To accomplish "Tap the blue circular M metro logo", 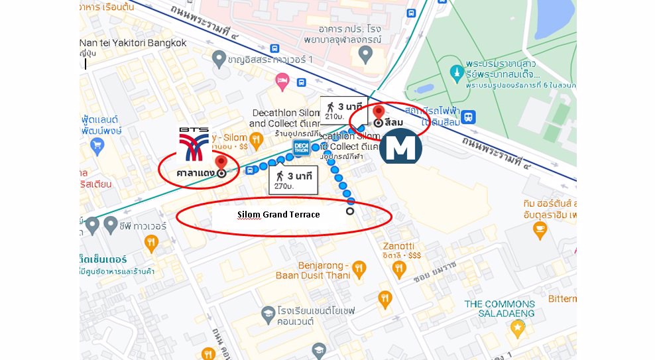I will coord(400,147).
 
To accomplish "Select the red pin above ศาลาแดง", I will coord(221,162).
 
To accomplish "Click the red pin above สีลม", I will coord(379,112).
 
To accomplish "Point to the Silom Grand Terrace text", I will coord(278,215).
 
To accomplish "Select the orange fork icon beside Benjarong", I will coord(359,269).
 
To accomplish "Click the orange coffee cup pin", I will coord(540,230).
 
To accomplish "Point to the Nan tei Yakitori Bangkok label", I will coord(133,43).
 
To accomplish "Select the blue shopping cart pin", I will coord(98,145).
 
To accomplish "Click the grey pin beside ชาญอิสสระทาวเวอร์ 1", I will coord(218,60).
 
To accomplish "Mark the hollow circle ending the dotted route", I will coord(350,211).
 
